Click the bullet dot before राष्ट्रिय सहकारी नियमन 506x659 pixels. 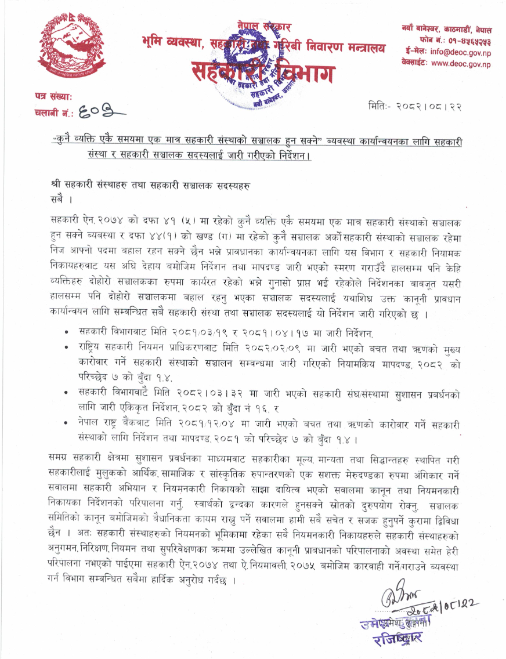68,346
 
